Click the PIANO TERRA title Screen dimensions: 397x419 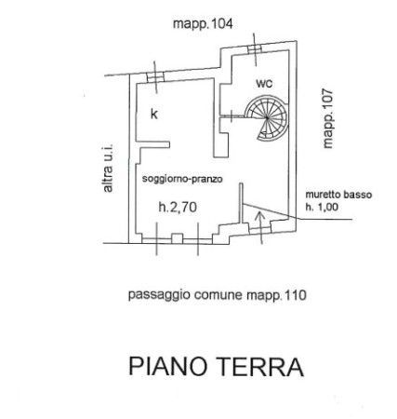[x=216, y=367]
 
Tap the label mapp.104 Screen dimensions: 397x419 [x=203, y=24]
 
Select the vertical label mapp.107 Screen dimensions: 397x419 [x=327, y=118]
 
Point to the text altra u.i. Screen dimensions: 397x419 [x=108, y=168]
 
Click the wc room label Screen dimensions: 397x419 [x=264, y=83]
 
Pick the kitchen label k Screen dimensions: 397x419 [x=154, y=114]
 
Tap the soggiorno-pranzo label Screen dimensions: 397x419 [x=182, y=179]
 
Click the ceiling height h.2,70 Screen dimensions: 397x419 [x=178, y=207]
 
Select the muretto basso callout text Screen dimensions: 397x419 [x=338, y=195]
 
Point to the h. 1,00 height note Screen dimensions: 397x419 [x=322, y=207]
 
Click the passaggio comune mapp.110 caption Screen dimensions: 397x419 [x=218, y=295]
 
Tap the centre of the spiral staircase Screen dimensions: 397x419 [x=267, y=117]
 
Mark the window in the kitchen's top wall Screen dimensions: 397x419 [x=155, y=77]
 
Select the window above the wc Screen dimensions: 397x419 [x=255, y=49]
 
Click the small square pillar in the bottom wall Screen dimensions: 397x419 [x=177, y=238]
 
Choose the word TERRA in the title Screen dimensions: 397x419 [x=258, y=367]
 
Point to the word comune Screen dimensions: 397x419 [x=218, y=295]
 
